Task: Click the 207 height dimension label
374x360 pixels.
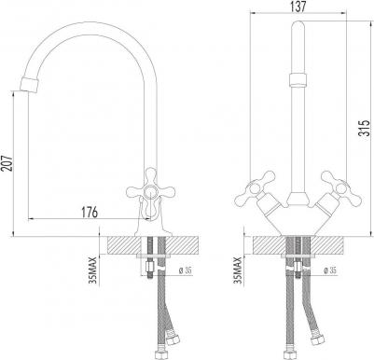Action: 7,162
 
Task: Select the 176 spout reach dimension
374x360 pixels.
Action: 90,212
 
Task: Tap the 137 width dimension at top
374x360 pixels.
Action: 298,7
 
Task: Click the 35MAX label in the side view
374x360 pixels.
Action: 93,271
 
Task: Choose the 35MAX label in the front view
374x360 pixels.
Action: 238,270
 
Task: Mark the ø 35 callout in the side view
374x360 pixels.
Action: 185,270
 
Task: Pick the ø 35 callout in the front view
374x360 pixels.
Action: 330,270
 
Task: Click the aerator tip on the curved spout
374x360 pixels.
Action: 30,84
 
